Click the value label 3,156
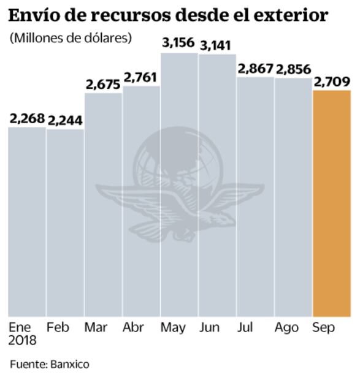click(178, 43)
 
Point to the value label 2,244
click(65, 120)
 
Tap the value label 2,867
click(256, 69)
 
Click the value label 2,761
click(141, 77)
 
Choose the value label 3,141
click(217, 44)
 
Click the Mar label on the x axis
click(96, 328)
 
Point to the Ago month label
click(287, 328)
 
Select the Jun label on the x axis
click(210, 328)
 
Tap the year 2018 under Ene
click(23, 340)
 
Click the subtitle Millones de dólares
click(71, 38)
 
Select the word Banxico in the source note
click(69, 364)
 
